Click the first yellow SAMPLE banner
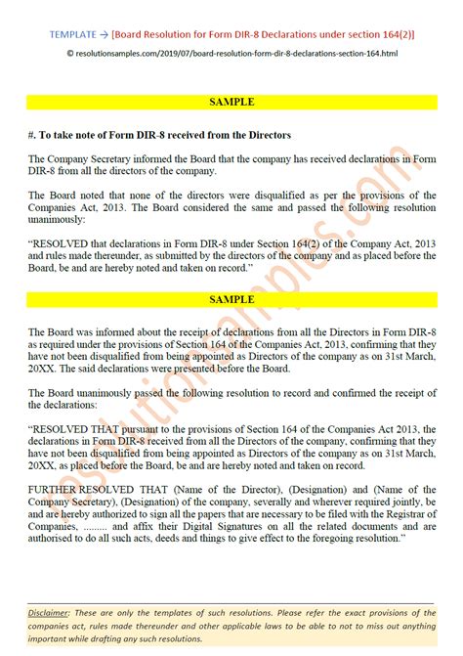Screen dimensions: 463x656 (x=231, y=102)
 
